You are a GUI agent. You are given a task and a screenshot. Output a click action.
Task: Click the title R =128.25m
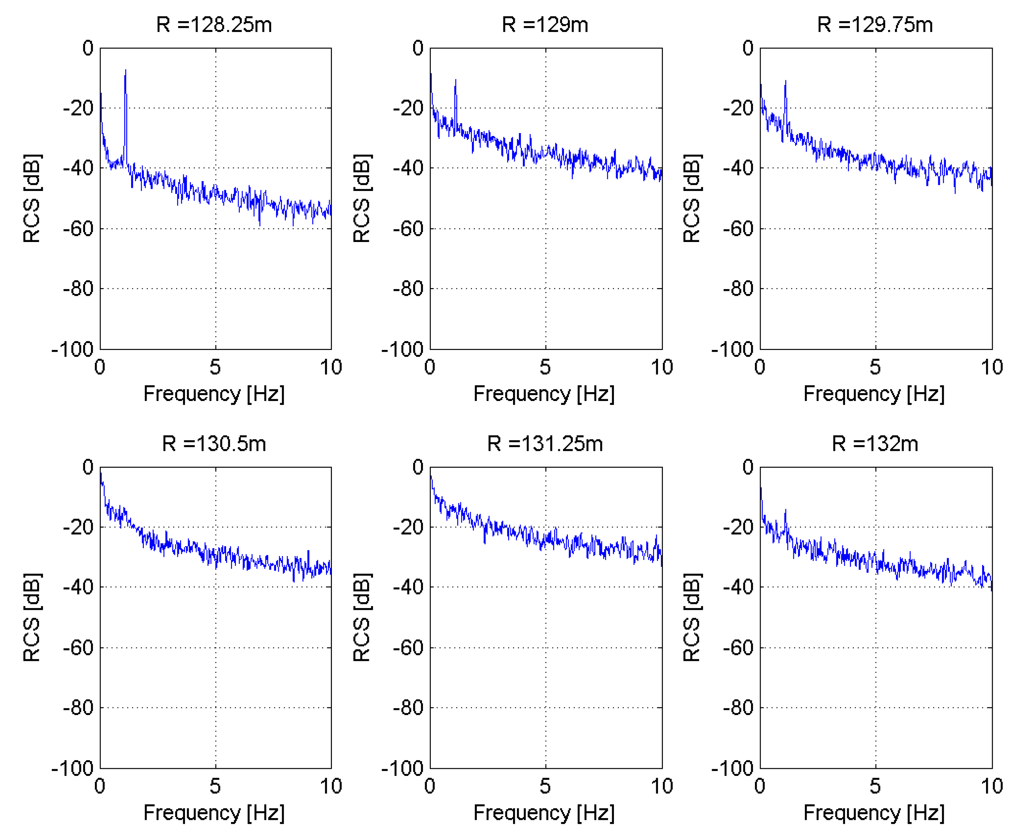pos(214,25)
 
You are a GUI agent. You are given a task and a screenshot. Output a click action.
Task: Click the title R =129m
pos(545,25)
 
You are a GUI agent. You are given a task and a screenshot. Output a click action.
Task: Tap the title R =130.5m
pos(214,444)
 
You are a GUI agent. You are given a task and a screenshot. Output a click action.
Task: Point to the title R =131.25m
pos(545,444)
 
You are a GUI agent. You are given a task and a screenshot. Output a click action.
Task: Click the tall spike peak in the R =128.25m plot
pos(126,71)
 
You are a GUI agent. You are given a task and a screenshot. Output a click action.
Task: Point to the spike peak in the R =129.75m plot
pos(785,82)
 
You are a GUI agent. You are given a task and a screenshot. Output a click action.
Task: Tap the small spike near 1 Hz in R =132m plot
pos(786,510)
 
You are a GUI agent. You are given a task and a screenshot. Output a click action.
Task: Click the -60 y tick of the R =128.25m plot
pos(78,229)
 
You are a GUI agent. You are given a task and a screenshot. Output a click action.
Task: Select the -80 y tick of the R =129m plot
pos(408,289)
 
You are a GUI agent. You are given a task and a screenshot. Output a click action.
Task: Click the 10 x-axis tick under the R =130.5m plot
pos(331,786)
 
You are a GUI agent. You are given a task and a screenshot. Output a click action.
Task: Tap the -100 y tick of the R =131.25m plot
pos(403,768)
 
